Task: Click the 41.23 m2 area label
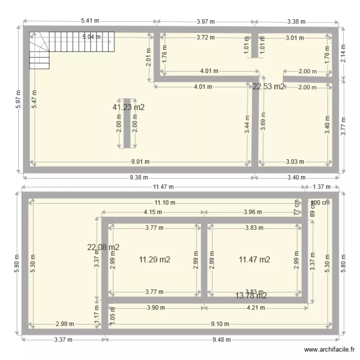(129, 108)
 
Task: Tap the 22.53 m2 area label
(268, 86)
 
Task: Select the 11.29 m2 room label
(155, 260)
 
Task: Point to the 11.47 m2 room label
(254, 260)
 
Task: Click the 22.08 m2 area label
(103, 247)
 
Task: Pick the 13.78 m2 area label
(251, 295)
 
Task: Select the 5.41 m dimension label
(90, 21)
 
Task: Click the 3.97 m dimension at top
(206, 21)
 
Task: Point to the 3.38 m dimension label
(296, 21)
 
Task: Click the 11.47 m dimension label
(163, 187)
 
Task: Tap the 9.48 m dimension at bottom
(221, 340)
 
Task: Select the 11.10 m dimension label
(165, 203)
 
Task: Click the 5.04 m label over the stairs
(91, 37)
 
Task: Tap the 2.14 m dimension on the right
(343, 52)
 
